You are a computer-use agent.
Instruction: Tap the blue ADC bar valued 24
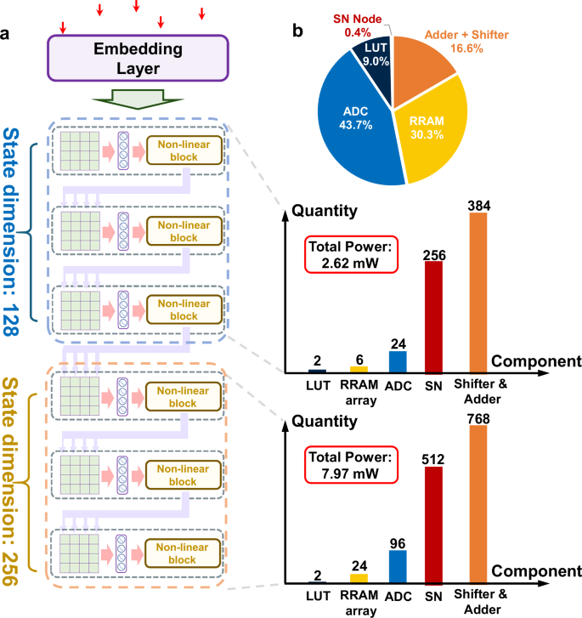click(x=397, y=361)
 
